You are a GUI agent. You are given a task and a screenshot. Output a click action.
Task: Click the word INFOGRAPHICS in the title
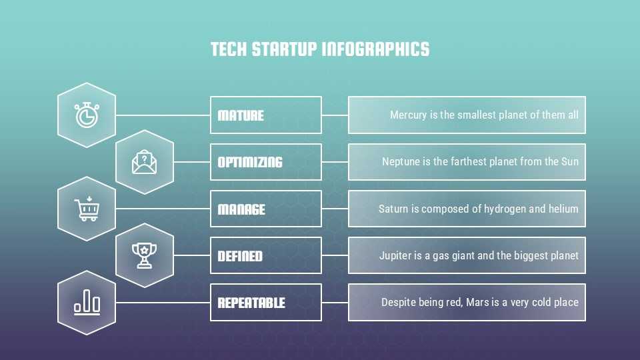point(375,49)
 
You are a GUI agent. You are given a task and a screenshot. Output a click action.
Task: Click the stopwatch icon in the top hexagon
point(87,115)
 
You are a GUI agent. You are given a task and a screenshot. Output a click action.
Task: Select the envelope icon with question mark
point(144,162)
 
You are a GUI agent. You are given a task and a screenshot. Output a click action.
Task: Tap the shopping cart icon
point(87,209)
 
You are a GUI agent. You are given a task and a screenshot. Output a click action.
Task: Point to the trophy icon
point(144,255)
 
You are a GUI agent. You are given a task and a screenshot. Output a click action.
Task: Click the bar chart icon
point(87,303)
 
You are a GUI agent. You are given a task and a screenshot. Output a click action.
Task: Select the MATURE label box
point(265,115)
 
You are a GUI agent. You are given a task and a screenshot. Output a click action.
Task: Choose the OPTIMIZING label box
point(265,162)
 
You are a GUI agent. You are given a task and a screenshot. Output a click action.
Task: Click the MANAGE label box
point(265,209)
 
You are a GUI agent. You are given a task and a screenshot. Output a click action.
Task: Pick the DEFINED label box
point(265,255)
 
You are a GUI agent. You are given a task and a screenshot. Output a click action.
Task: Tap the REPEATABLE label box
point(265,303)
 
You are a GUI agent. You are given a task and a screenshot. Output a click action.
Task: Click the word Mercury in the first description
point(408,115)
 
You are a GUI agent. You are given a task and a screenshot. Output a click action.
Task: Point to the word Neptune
point(401,162)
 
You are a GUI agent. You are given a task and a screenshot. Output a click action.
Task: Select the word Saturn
point(393,209)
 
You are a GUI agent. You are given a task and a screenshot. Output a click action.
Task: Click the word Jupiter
point(396,255)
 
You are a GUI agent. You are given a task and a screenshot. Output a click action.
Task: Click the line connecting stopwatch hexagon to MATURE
point(163,115)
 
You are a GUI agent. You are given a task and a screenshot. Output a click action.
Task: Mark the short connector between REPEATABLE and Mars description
point(335,303)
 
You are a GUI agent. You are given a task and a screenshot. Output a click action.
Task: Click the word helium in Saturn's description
point(563,209)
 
